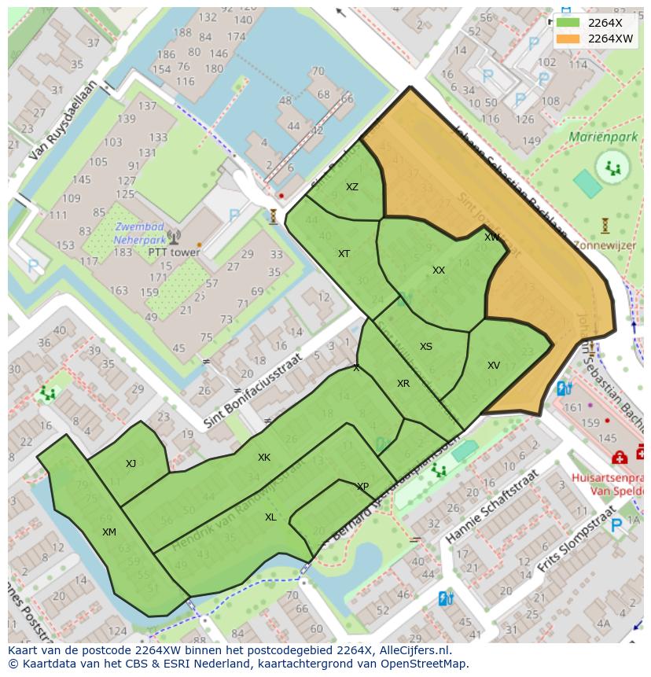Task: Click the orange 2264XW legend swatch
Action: tap(568, 39)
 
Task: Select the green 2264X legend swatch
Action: tap(568, 23)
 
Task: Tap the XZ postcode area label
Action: tap(352, 187)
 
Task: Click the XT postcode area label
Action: tap(344, 254)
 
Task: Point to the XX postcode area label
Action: tap(439, 270)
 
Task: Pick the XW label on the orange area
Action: tap(492, 237)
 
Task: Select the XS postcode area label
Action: tap(426, 347)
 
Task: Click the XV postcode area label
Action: tap(494, 366)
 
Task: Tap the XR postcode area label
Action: tap(403, 384)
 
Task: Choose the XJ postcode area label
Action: tap(131, 464)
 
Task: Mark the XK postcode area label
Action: tap(264, 458)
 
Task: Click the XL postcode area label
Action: tap(270, 517)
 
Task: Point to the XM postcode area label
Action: tap(109, 532)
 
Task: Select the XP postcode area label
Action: tap(362, 487)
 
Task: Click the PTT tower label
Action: tap(174, 253)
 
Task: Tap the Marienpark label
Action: tap(604, 137)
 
